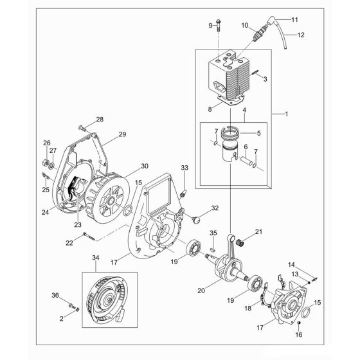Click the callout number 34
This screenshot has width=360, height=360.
click(96, 258)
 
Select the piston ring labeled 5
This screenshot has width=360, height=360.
click(231, 134)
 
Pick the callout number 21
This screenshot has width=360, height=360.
click(259, 232)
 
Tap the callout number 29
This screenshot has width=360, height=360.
click(122, 135)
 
